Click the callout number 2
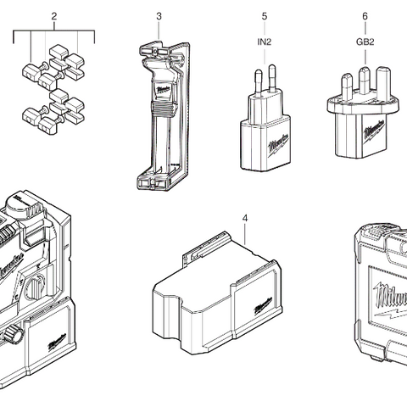tap(54, 17)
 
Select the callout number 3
tap(159, 17)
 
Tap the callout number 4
tap(245, 218)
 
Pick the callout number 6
tap(365, 17)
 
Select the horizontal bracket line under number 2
tap(54, 31)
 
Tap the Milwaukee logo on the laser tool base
tap(57, 342)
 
